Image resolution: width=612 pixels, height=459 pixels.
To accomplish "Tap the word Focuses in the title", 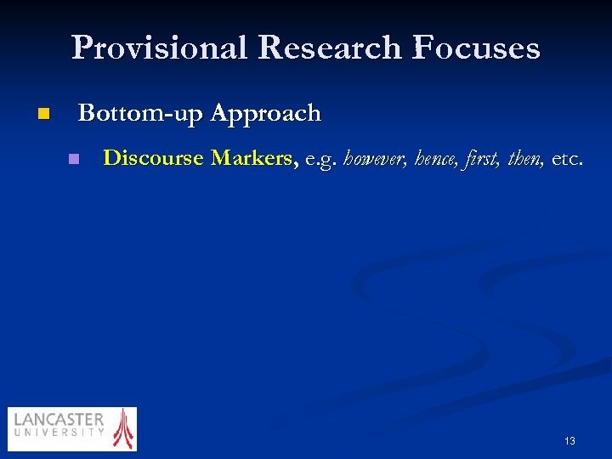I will click(476, 48).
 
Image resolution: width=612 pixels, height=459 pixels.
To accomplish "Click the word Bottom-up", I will click(140, 113).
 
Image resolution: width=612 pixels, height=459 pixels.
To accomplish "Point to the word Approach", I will click(265, 114).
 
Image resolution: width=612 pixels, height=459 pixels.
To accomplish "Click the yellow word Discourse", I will click(153, 158).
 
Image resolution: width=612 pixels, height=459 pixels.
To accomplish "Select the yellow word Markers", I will click(253, 158).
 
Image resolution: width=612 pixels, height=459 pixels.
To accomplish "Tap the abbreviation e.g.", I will click(321, 159).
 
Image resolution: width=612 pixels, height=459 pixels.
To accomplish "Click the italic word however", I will click(375, 159).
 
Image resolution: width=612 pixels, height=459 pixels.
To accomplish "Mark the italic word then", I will click(524, 159).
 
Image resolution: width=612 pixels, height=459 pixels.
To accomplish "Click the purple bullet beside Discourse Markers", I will click(74, 159).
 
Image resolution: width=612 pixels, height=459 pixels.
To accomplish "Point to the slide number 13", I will click(569, 441).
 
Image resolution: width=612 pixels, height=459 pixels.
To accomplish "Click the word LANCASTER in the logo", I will click(59, 420).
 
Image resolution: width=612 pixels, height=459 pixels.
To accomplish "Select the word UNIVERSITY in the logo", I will click(59, 433).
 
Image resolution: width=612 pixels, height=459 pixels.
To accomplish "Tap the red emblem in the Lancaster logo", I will click(124, 428).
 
